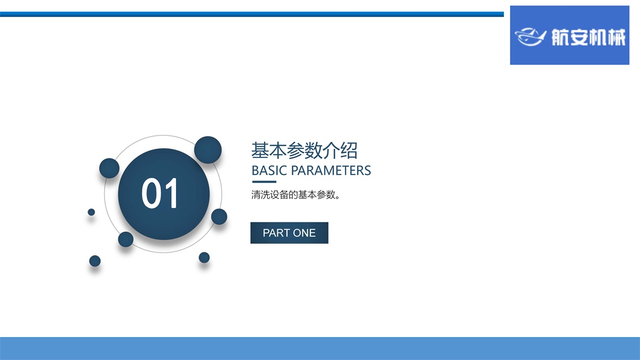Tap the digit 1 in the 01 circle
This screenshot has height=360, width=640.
171,193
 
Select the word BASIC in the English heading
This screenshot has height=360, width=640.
269,171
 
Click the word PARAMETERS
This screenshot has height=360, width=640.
331,171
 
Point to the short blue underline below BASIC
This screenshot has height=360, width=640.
265,182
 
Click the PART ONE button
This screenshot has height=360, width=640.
290,233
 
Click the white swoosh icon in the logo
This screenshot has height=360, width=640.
531,37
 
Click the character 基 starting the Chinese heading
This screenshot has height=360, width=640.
260,150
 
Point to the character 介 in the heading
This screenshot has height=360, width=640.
331,150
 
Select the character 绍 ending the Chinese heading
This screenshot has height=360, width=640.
349,150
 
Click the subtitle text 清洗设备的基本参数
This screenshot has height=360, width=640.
293,195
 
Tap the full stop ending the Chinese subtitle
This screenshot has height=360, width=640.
338,197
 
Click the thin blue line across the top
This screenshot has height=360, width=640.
252,14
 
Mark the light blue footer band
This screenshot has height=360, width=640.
320,349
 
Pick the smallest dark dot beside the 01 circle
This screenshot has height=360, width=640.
91,212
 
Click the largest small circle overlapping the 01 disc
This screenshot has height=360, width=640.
208,150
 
